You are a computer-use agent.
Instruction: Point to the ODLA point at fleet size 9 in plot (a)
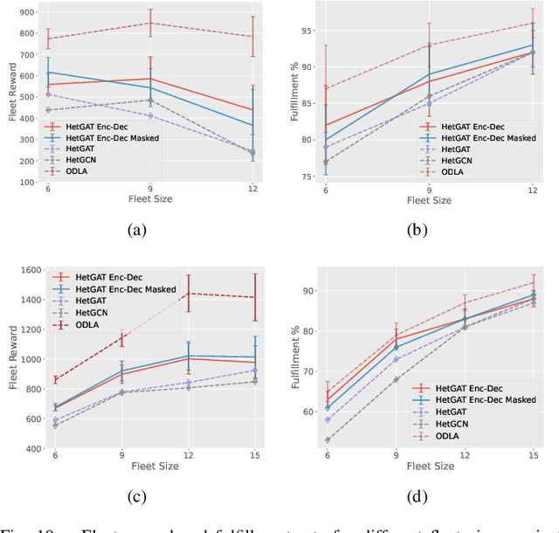[150, 23]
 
